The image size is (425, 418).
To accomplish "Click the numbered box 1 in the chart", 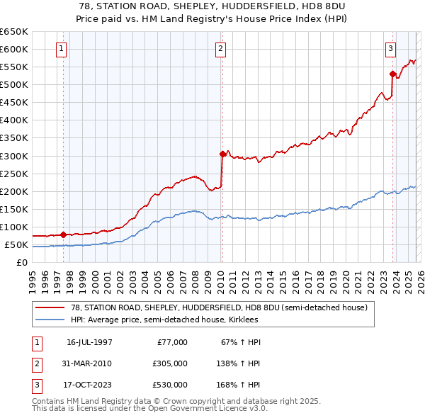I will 62,49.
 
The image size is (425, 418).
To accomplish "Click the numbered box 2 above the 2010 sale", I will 221,49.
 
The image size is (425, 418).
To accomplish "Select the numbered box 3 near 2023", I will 390,49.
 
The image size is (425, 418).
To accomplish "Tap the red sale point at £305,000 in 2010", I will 222,154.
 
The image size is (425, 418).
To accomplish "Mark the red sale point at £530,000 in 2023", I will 392,74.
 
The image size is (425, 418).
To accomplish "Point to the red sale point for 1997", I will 64,235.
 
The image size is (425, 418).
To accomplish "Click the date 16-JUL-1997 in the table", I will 89,342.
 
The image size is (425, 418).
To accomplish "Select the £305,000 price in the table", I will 169,363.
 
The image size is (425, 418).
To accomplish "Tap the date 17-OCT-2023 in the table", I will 89,385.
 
